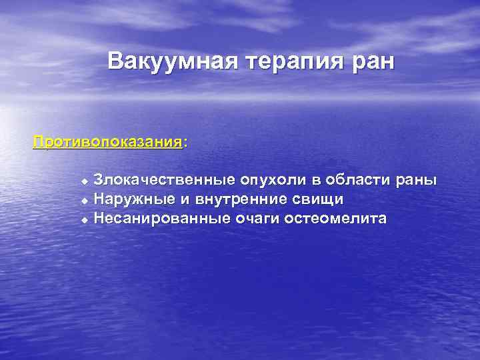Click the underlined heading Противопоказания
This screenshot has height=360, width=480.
point(107,143)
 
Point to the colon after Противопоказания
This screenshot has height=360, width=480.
point(185,143)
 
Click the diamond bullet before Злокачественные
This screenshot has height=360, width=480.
point(84,181)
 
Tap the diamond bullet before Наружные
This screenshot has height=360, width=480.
point(84,199)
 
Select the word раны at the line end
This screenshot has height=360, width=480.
point(417,180)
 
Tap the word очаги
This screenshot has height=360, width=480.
point(256,218)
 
